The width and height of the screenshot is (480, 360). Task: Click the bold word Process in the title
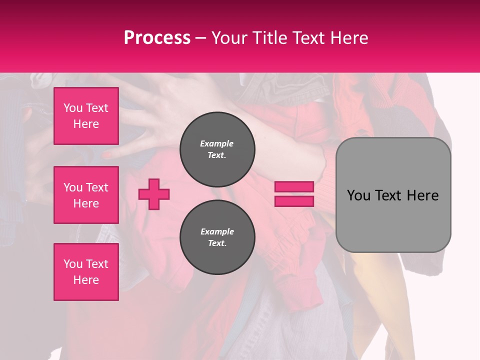(x=157, y=38)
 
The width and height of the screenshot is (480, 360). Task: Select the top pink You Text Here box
(x=86, y=116)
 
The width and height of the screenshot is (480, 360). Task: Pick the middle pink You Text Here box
(x=86, y=195)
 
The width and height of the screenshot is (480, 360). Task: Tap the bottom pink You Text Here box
(x=86, y=272)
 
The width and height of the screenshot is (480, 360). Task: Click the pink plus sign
(x=154, y=194)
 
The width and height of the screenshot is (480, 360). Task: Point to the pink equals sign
(x=294, y=194)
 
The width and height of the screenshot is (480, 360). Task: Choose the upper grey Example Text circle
(x=217, y=149)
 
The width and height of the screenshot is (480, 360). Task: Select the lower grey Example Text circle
(x=217, y=237)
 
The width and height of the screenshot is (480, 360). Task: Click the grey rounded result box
(x=393, y=194)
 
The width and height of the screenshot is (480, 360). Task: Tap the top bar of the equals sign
(x=294, y=187)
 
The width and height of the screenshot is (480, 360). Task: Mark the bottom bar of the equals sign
(x=294, y=201)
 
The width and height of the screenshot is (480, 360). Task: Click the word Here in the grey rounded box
(x=422, y=195)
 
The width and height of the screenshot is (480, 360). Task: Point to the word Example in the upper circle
(x=217, y=143)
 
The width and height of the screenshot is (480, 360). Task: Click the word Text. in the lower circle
(x=217, y=243)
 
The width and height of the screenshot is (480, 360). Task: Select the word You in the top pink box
(x=73, y=108)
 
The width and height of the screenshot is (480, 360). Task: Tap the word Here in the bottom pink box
(x=86, y=280)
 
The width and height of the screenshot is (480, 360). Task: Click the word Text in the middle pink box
(x=97, y=187)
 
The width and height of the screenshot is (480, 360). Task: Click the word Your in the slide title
(x=229, y=38)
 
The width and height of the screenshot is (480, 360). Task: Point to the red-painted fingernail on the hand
(x=107, y=155)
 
